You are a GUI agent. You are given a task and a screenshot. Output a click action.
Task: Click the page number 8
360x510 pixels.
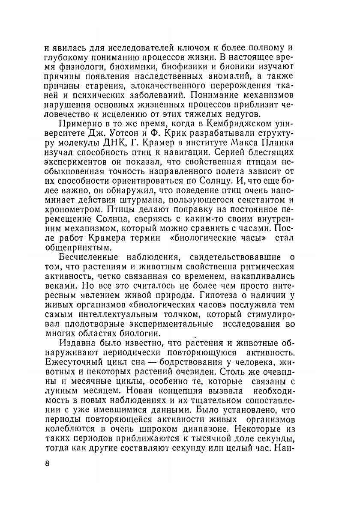[x=47, y=464]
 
